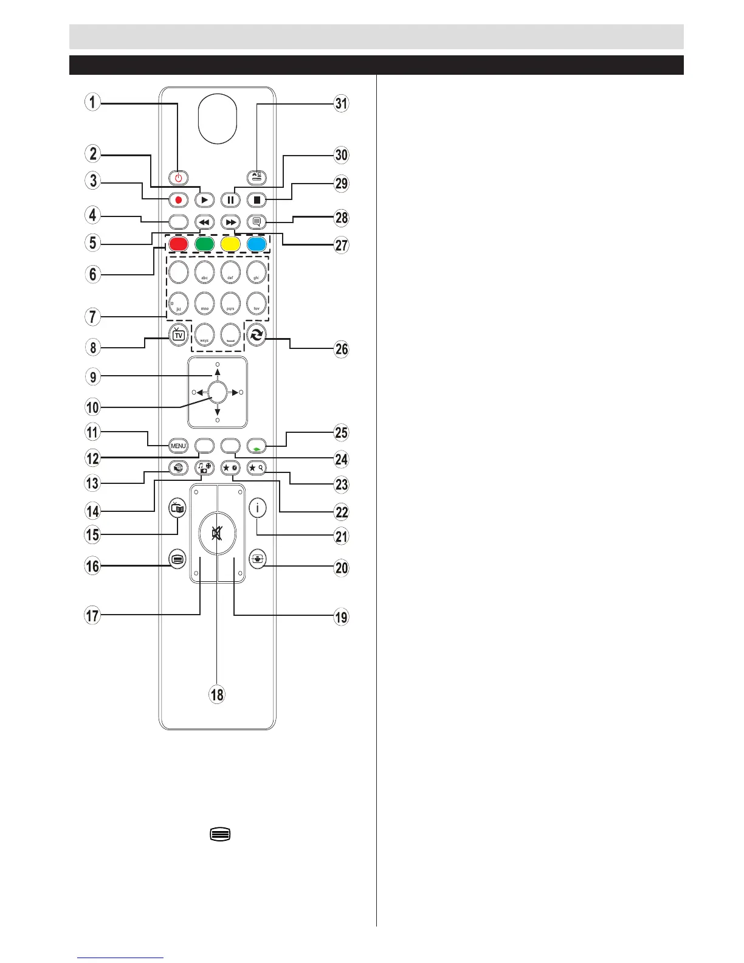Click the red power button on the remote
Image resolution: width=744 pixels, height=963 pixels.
click(178, 178)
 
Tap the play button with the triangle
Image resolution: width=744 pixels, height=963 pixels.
click(204, 199)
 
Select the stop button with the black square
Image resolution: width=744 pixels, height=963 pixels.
click(257, 199)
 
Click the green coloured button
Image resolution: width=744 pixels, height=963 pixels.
click(204, 244)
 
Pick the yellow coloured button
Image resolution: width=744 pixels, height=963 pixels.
click(230, 244)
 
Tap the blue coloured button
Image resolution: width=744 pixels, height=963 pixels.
click(257, 244)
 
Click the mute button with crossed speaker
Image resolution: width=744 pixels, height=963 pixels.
click(217, 534)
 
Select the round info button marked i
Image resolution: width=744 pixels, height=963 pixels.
click(257, 507)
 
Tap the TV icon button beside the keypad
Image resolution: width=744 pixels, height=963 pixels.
click(178, 335)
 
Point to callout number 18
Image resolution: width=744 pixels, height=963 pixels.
click(217, 694)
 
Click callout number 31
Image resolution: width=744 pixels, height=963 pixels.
click(342, 103)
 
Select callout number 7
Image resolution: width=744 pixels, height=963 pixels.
click(92, 316)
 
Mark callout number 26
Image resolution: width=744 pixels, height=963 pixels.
click(342, 348)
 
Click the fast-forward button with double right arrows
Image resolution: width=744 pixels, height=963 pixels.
click(230, 223)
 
